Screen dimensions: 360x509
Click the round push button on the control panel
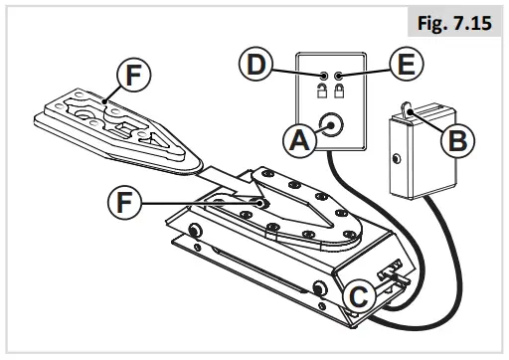pos(329,126)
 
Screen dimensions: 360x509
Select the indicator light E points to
pos(340,76)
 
